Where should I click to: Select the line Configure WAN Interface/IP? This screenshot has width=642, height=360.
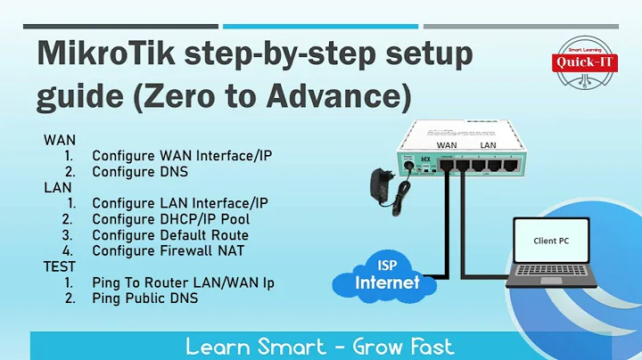[x=182, y=155]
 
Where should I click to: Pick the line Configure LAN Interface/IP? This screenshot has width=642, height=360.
[x=180, y=202]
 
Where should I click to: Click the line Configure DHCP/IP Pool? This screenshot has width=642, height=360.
[x=170, y=218]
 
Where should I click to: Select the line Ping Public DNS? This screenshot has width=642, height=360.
[x=145, y=299]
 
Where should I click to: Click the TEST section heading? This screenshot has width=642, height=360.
[x=59, y=266]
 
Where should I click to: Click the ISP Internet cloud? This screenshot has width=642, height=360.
[x=379, y=274]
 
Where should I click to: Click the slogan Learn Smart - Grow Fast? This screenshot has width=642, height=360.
[x=320, y=346]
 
